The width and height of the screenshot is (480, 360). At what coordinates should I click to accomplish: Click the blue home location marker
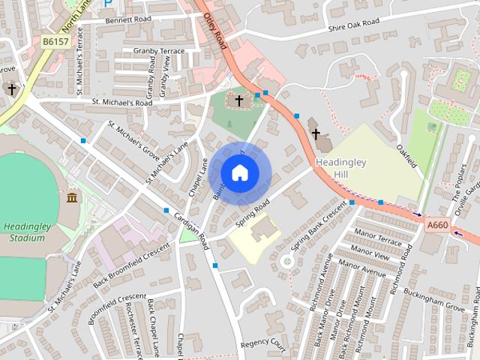click(239, 172)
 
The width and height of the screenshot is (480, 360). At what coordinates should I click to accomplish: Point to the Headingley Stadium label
click(24, 232)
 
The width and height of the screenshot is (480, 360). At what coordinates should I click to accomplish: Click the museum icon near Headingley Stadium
click(72, 197)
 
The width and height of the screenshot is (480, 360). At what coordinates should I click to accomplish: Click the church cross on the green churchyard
click(239, 100)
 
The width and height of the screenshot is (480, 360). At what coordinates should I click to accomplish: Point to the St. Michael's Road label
click(122, 102)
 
